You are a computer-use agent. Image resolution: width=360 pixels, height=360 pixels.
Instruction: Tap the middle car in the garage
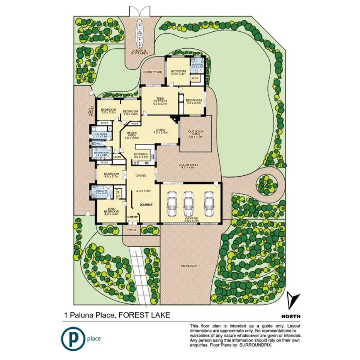coord(188,203)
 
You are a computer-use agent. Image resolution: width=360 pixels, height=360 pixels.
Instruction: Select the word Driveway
coord(189,266)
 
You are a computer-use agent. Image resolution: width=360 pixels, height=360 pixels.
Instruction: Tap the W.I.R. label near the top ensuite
coord(195,79)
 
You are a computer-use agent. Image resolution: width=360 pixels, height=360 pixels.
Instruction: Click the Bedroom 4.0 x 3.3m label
coord(178,72)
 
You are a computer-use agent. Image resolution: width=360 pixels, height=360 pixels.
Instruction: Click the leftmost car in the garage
coord(171,203)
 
